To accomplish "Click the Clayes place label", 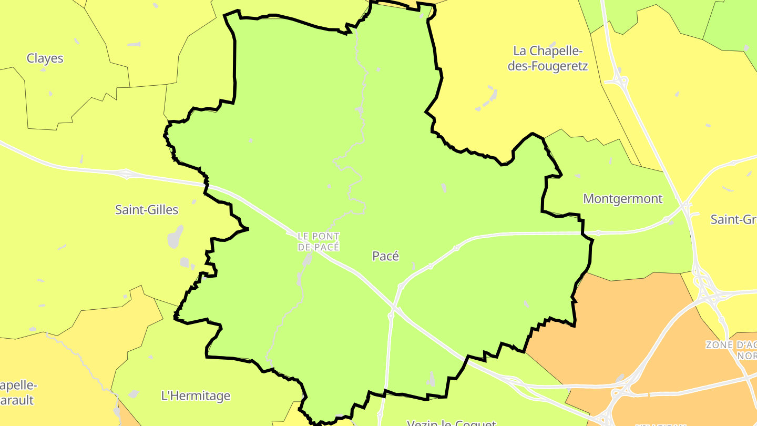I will (x=45, y=58).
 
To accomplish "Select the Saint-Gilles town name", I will (x=147, y=210).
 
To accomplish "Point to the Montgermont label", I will (x=623, y=199).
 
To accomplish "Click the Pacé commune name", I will (x=385, y=256).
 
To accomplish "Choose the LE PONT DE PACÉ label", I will (x=319, y=241).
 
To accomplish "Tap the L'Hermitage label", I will (x=196, y=396).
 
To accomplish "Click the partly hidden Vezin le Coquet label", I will (x=452, y=422).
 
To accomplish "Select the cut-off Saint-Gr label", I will (x=733, y=219).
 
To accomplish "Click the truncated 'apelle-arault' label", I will (x=18, y=392).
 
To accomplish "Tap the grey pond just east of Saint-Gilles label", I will (x=176, y=237).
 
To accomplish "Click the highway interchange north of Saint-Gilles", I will (x=126, y=174).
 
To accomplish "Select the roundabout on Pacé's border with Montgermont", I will (x=598, y=232).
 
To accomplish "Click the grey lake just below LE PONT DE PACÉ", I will (x=308, y=259).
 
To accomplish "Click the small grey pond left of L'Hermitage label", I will (x=134, y=393).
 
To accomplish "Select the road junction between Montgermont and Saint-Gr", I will (x=686, y=205).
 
